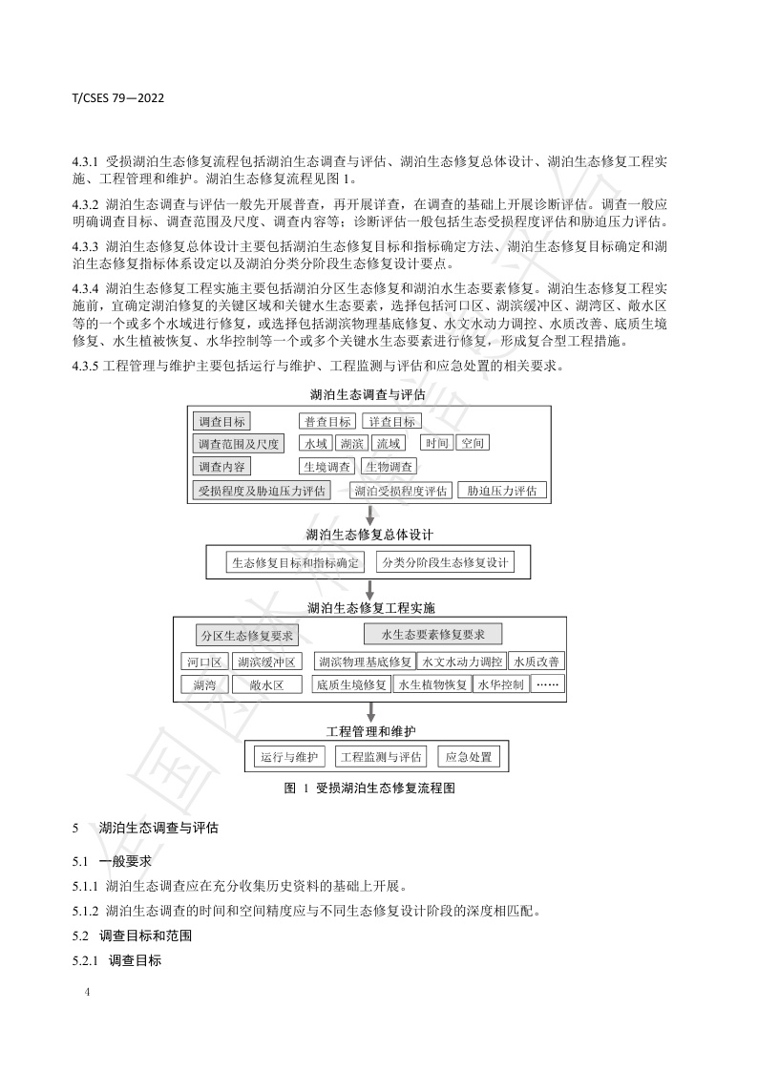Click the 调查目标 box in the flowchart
pyautogui.click(x=221, y=421)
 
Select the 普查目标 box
pyautogui.click(x=326, y=421)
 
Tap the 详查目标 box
pyautogui.click(x=391, y=421)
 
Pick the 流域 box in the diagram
pyautogui.click(x=389, y=444)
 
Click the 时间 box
pyautogui.click(x=437, y=444)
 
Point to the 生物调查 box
pyautogui.click(x=389, y=467)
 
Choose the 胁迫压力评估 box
pyautogui.click(x=501, y=491)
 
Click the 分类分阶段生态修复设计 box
pyautogui.click(x=445, y=562)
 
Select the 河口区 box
pyautogui.click(x=203, y=661)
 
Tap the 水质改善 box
pyautogui.click(x=537, y=661)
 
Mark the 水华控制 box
pyautogui.click(x=501, y=684)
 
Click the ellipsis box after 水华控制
pyautogui.click(x=548, y=684)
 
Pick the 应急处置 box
pyautogui.click(x=468, y=757)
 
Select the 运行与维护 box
pyautogui.click(x=288, y=757)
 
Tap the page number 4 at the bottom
pyautogui.click(x=88, y=993)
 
